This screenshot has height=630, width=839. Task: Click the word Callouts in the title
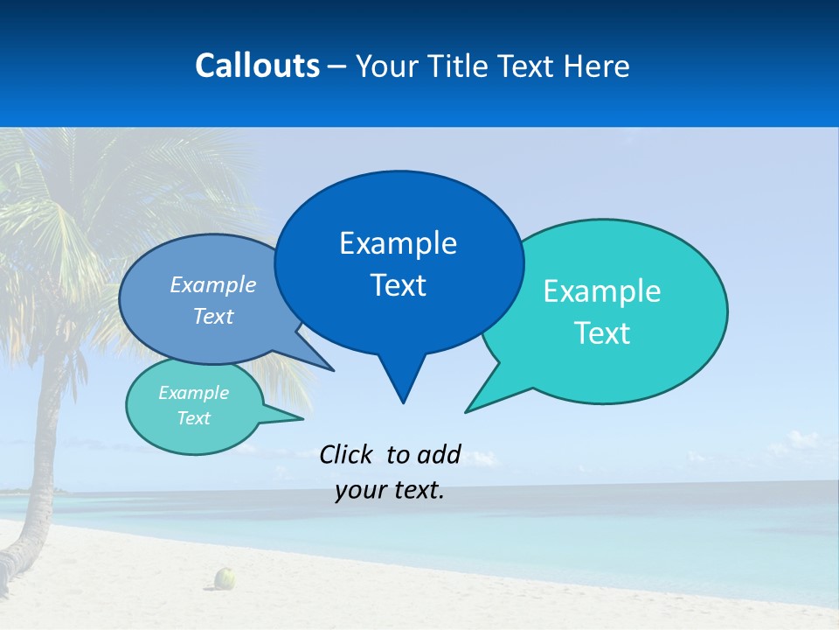[257, 66]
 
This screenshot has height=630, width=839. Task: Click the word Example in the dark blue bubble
[398, 243]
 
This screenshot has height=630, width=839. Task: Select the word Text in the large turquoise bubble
[601, 333]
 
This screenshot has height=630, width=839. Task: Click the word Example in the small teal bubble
[193, 393]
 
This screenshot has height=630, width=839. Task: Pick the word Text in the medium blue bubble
[213, 317]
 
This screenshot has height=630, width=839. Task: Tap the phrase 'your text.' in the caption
[390, 490]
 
